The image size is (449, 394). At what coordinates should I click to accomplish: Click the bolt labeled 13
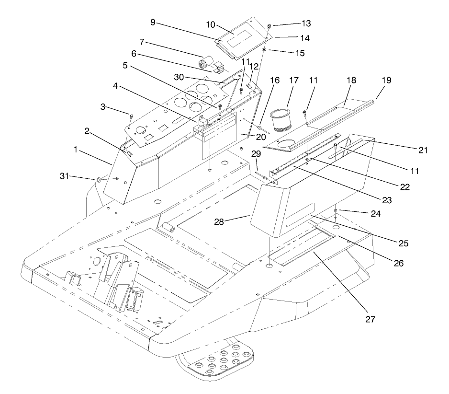(270, 25)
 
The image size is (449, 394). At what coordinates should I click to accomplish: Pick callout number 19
(387, 81)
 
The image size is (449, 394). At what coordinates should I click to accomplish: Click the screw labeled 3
(131, 115)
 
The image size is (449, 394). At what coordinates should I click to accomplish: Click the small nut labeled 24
(337, 211)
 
